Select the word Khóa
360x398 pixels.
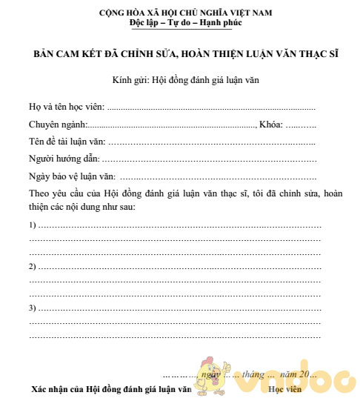(270, 124)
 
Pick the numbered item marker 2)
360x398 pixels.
(33, 266)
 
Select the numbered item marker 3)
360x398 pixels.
(33, 308)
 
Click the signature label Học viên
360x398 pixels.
(285, 388)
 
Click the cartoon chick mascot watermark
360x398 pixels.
(212, 377)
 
